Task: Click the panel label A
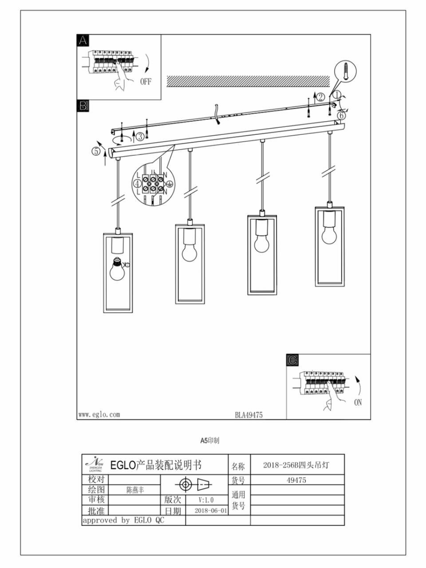[x=83, y=40]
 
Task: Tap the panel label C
[x=292, y=360]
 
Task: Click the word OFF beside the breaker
[x=146, y=82]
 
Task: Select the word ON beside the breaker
[x=358, y=402]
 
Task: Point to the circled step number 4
[x=138, y=183]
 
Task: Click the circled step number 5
[x=96, y=151]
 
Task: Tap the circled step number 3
[x=140, y=136]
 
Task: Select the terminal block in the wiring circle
[x=153, y=184]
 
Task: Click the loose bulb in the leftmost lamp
[x=118, y=269]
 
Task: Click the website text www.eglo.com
[x=99, y=414]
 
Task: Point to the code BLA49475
[x=248, y=415]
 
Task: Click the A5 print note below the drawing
[x=209, y=441]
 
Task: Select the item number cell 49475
[x=296, y=480]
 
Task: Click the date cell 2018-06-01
[x=211, y=510]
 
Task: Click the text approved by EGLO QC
[x=123, y=520]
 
